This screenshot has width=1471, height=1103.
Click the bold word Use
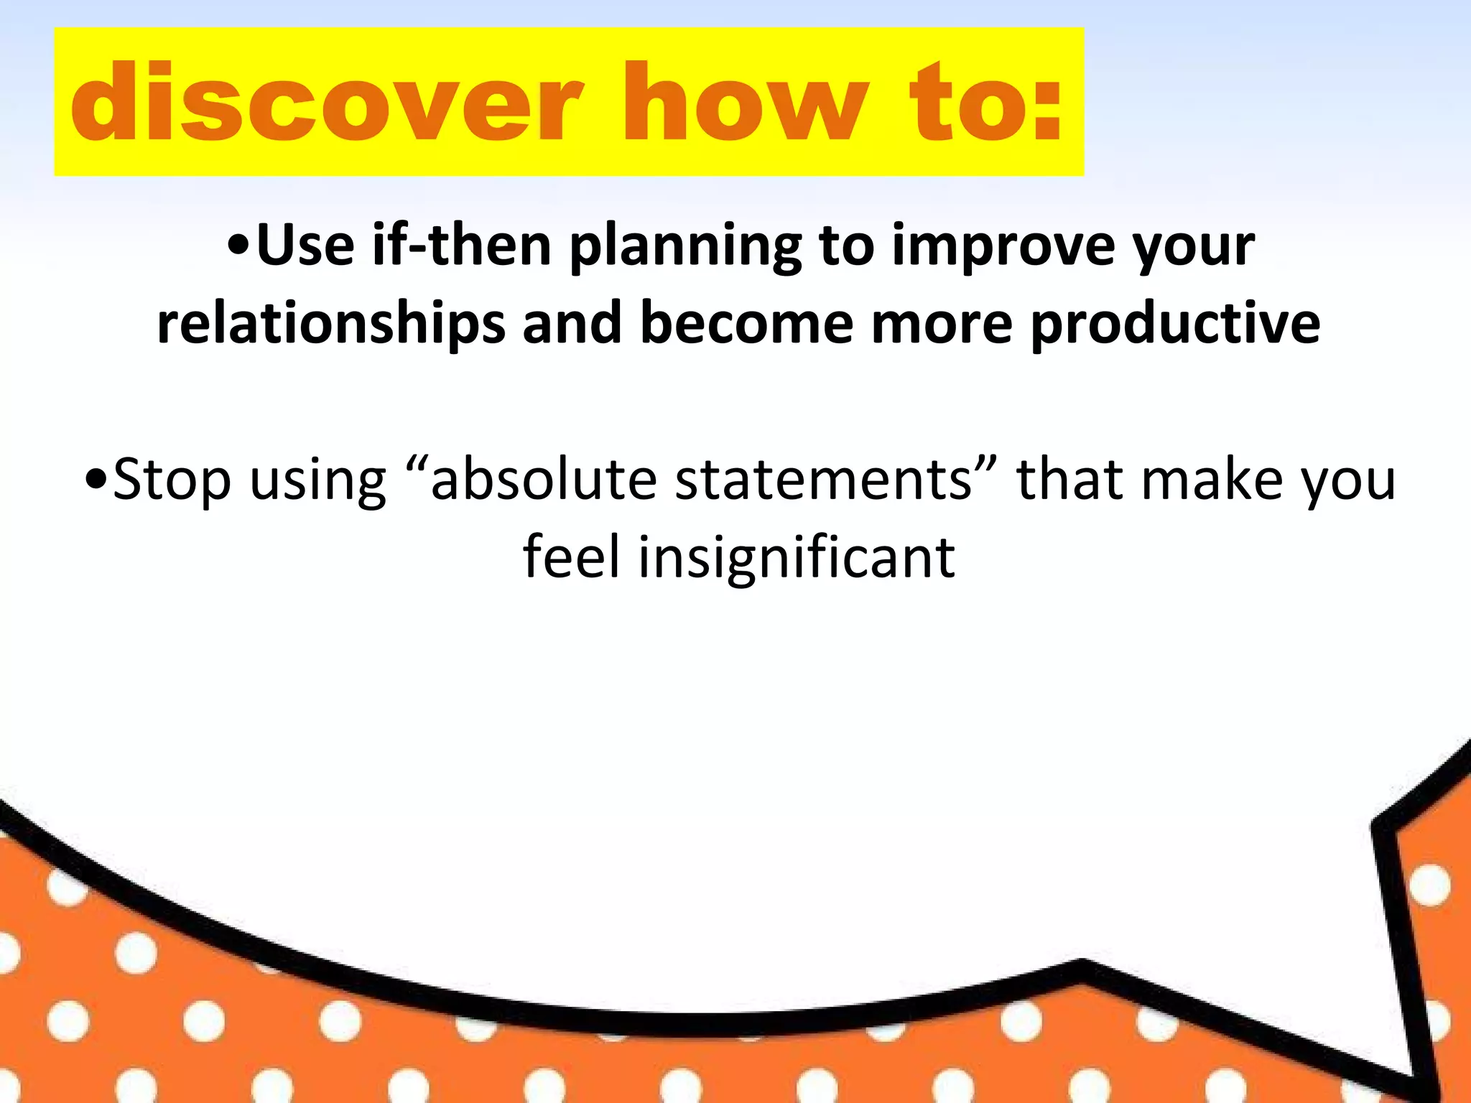point(305,246)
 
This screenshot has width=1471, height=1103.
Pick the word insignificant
point(797,559)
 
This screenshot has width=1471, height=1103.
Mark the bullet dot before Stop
point(95,480)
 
